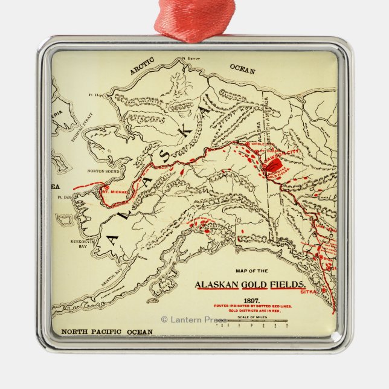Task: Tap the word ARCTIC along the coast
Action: [143, 66]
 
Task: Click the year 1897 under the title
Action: [252, 300]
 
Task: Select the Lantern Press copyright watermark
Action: [193, 319]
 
